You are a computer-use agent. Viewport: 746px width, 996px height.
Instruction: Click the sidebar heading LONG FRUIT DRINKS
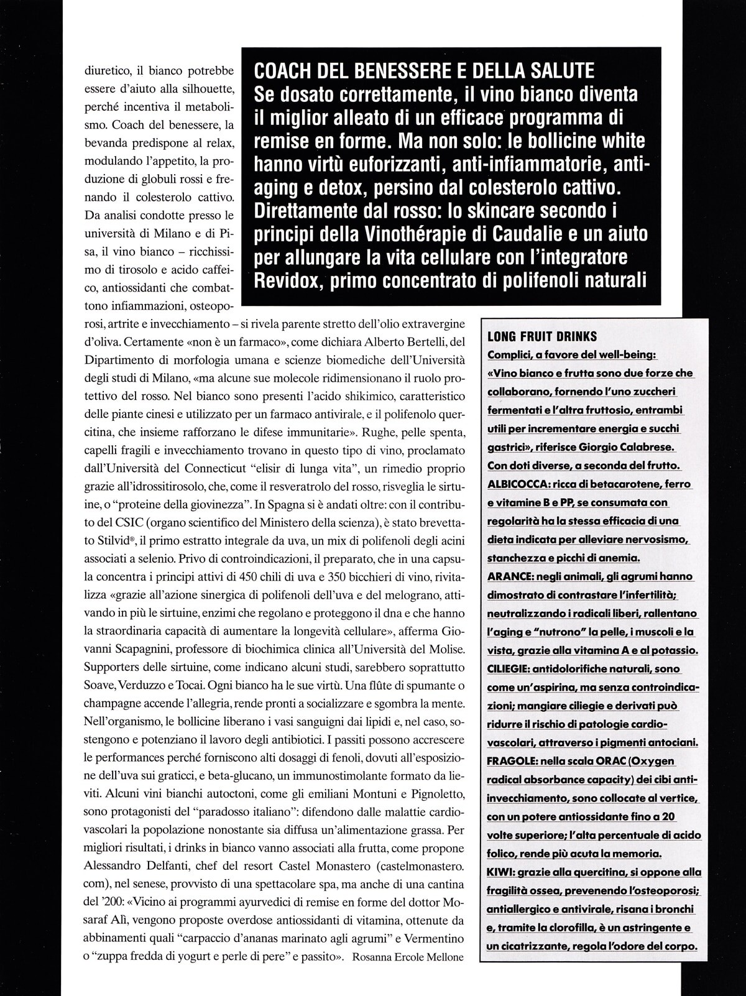[x=542, y=336]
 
